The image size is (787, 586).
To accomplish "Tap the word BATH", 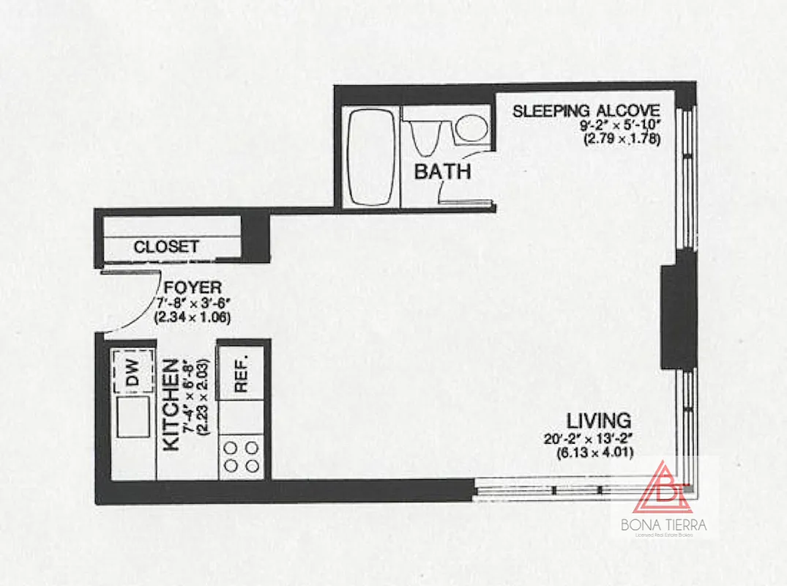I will tap(442, 172).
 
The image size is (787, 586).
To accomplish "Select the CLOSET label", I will tap(165, 247).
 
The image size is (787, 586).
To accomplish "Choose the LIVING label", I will tap(598, 421).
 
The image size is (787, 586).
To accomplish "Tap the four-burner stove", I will tap(242, 456).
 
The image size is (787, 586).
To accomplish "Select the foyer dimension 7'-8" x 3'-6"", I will tap(193, 303).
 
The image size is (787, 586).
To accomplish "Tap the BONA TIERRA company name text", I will tap(665, 525).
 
